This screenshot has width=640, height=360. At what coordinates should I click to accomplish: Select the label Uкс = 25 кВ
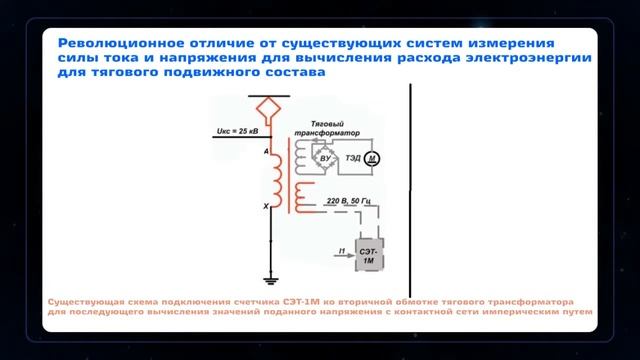(x=236, y=131)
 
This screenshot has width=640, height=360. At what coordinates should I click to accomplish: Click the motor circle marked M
(x=371, y=158)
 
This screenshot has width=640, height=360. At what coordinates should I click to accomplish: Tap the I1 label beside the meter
(x=341, y=249)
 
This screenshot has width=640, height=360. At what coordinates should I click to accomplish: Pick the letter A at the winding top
(x=266, y=151)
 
